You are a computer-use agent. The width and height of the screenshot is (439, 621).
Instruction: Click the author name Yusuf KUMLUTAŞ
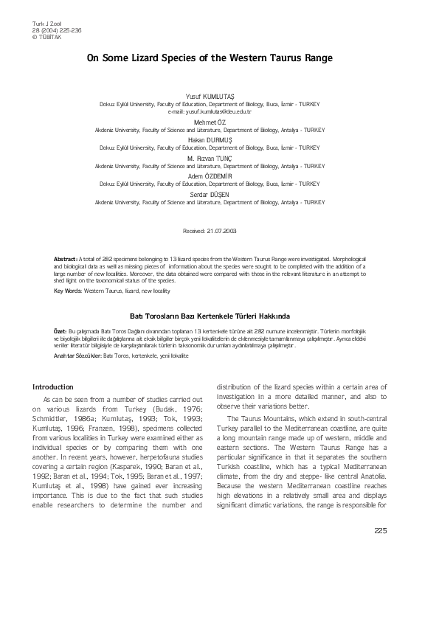[210, 98]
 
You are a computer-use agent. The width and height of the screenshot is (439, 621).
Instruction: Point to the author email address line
[210, 111]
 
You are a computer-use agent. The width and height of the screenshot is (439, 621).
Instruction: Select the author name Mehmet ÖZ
[210, 122]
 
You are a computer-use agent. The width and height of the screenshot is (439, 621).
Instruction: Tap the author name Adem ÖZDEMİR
[210, 177]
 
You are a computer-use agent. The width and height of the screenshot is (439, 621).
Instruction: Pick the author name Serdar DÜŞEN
[210, 195]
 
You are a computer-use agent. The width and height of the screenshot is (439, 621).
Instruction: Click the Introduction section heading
[53, 386]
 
